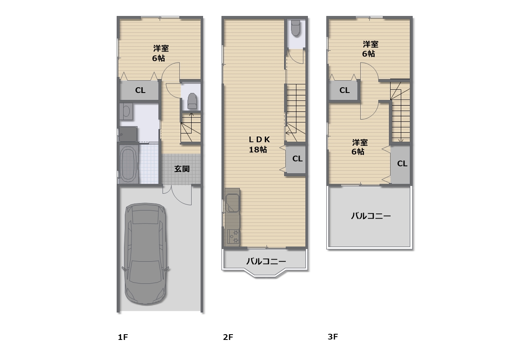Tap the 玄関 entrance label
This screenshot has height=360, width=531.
[x=182, y=169]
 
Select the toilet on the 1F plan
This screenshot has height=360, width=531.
[x=192, y=101]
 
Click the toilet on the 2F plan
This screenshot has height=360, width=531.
[x=295, y=28]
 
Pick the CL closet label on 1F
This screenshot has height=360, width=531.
[x=140, y=91]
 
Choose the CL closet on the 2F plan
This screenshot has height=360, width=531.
[x=297, y=158]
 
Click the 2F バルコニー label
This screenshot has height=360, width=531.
[x=266, y=261]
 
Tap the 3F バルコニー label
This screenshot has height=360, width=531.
[x=371, y=216]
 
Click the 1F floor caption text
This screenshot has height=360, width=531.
[x=123, y=337]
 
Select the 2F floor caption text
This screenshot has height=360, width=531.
[x=228, y=337]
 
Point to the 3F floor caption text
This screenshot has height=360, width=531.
[x=332, y=337]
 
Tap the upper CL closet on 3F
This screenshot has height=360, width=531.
[x=344, y=90]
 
